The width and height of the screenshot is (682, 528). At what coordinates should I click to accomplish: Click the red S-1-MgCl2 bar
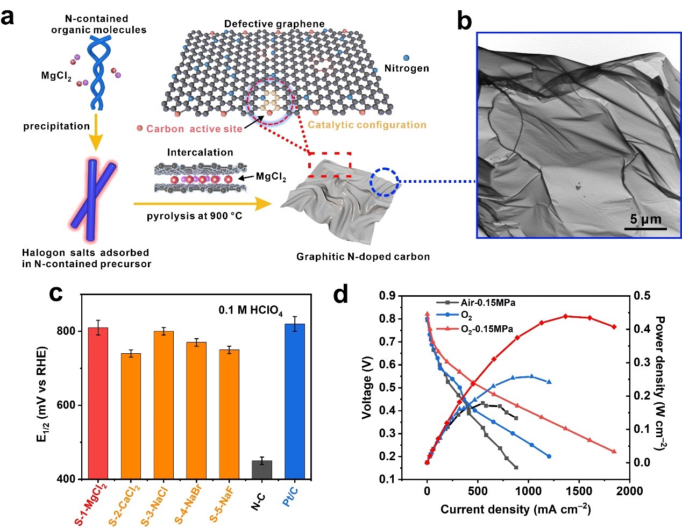[x=98, y=403]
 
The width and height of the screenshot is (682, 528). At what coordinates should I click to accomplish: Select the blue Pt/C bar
[x=294, y=401]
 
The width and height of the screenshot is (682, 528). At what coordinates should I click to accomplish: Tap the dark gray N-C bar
[x=262, y=469]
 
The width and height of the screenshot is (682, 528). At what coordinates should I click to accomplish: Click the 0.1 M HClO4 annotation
[x=250, y=311]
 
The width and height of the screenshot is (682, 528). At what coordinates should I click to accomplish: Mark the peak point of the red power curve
[x=565, y=316]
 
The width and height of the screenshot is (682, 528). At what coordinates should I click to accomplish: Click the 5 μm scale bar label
[x=645, y=219]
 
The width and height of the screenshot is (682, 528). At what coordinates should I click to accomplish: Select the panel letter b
[x=465, y=22]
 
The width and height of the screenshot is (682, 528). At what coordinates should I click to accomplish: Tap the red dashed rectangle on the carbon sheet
[x=330, y=165]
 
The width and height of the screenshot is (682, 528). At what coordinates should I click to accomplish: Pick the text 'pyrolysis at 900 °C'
[x=194, y=216]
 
